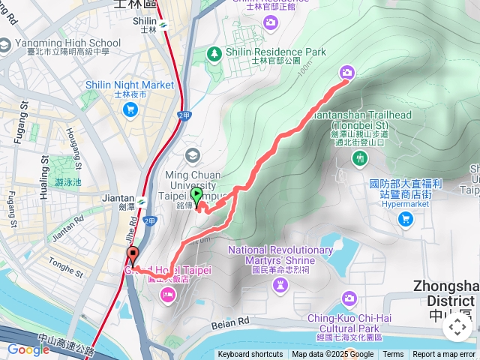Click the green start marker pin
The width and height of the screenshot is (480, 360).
tap(197, 197)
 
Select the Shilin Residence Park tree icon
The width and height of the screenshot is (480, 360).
tap(215, 52)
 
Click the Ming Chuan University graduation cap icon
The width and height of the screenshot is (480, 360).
tap(193, 155)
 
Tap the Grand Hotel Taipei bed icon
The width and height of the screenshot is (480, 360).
tap(166, 294)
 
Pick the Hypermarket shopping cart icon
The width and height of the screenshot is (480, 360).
tap(406, 219)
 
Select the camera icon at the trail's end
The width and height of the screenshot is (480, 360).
tap(346, 72)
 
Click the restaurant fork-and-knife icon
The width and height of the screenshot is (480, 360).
tap(361, 157)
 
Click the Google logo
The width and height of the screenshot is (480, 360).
tap(28, 349)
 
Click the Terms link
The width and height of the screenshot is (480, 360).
tap(393, 355)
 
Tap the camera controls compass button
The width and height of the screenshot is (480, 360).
tap(457, 327)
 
